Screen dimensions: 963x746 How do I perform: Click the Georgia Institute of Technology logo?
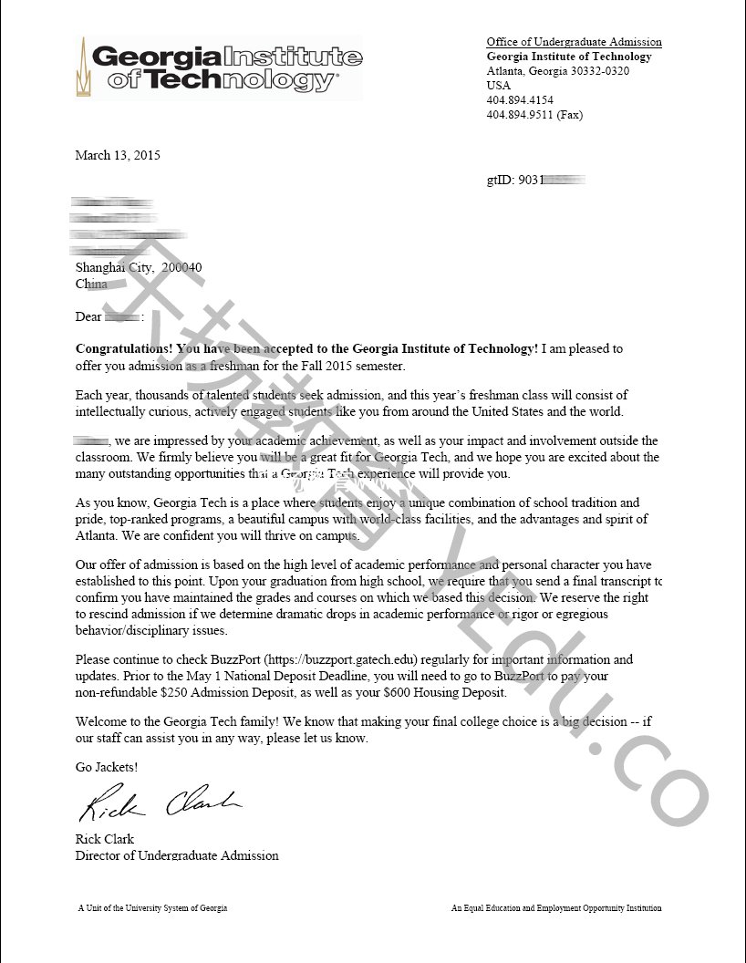pyautogui.click(x=219, y=67)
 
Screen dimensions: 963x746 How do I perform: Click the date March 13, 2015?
pyautogui.click(x=118, y=155)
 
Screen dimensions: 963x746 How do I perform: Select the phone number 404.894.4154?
pyautogui.click(x=520, y=100)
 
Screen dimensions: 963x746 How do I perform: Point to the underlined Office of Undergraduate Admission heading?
pyautogui.click(x=574, y=42)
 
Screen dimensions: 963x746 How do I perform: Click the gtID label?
pyautogui.click(x=501, y=181)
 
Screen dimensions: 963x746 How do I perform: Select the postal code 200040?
pyautogui.click(x=181, y=267)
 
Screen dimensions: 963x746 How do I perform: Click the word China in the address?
pyautogui.click(x=91, y=284)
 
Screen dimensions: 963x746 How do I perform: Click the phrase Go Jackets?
pyautogui.click(x=107, y=767)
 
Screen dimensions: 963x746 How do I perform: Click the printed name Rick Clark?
pyautogui.click(x=104, y=839)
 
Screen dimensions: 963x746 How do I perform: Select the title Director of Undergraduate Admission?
pyautogui.click(x=177, y=855)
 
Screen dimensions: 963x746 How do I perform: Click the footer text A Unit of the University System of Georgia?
pyautogui.click(x=152, y=908)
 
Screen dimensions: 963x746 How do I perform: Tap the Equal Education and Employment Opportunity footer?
pyautogui.click(x=556, y=908)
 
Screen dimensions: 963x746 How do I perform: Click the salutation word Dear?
pyautogui.click(x=88, y=316)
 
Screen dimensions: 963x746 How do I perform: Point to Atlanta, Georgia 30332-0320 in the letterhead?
pyautogui.click(x=557, y=71)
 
